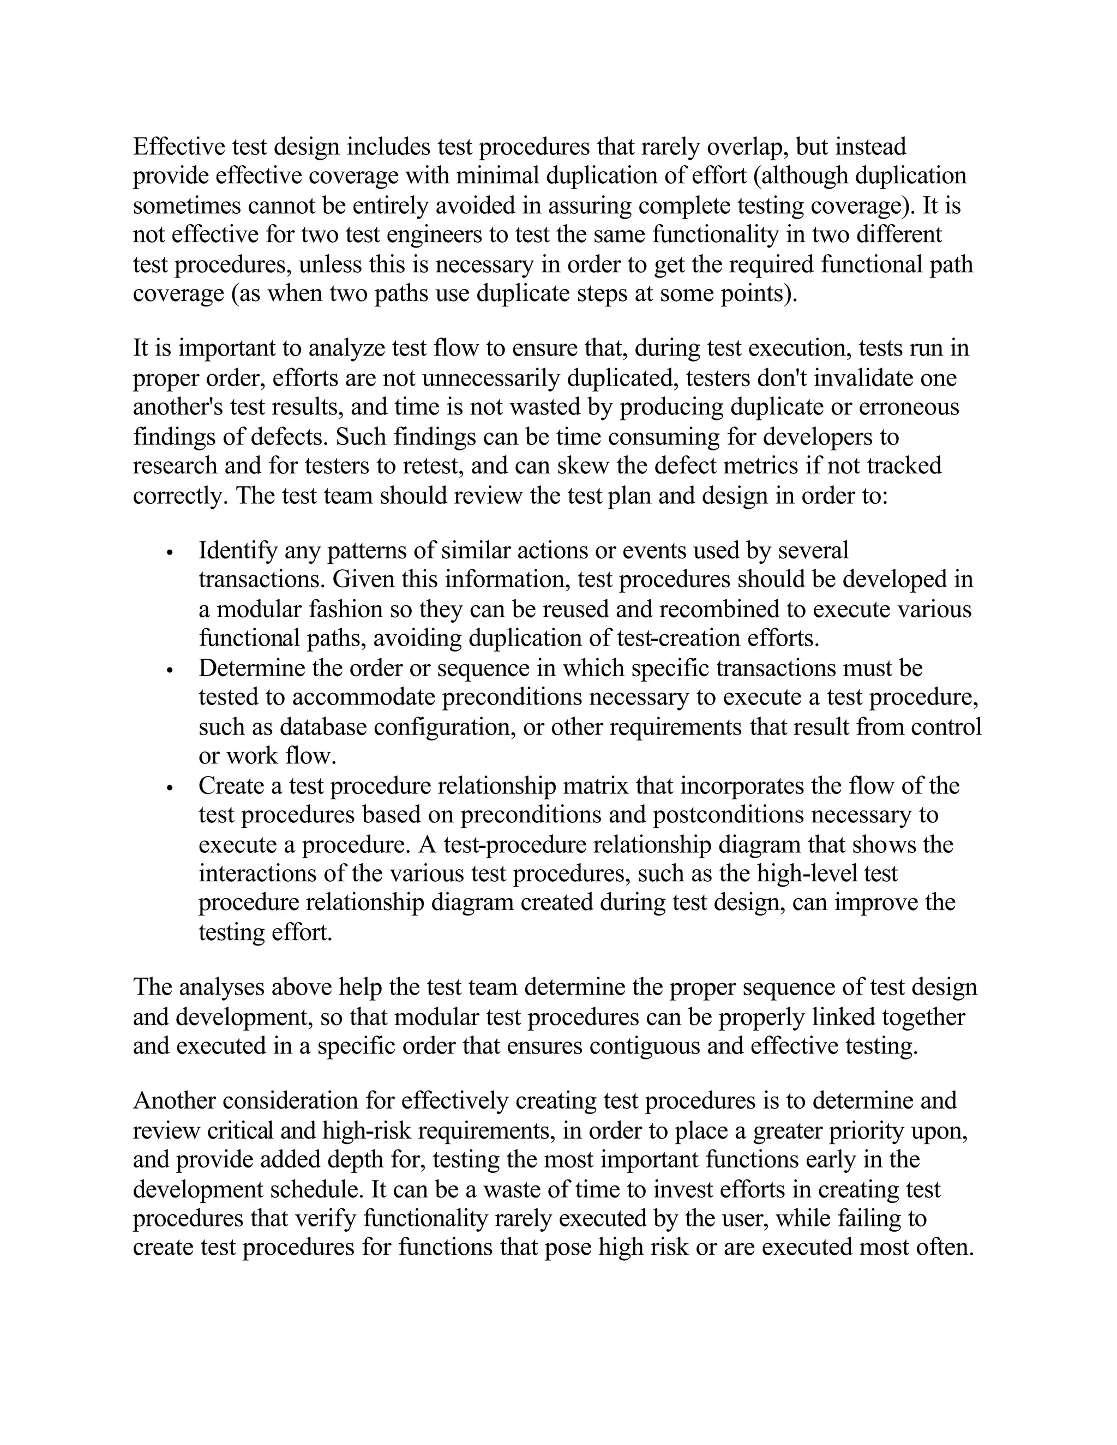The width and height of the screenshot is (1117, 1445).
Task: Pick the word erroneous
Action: [x=909, y=407]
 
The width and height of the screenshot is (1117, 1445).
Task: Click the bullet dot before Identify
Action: [x=170, y=552]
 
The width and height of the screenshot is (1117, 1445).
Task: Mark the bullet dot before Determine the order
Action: [x=170, y=670]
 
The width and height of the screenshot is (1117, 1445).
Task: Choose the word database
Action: [x=323, y=726]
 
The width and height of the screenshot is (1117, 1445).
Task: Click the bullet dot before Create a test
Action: [x=170, y=787]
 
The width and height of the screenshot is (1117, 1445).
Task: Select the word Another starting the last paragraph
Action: [x=174, y=1101]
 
